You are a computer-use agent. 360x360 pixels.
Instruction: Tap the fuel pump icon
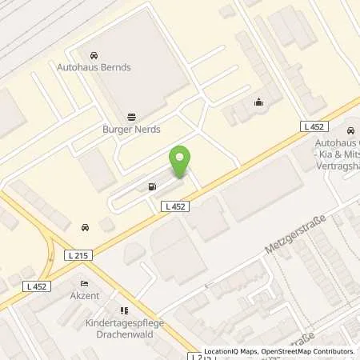(151, 188)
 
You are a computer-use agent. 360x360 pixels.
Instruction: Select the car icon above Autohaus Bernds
(94, 56)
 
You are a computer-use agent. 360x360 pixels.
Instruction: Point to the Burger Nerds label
(131, 128)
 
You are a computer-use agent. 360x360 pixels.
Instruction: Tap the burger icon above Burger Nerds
(131, 115)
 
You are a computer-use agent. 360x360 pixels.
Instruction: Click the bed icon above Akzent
(83, 283)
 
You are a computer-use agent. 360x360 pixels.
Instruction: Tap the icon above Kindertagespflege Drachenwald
(122, 310)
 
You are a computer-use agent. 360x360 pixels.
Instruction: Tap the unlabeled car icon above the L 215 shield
(84, 227)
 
